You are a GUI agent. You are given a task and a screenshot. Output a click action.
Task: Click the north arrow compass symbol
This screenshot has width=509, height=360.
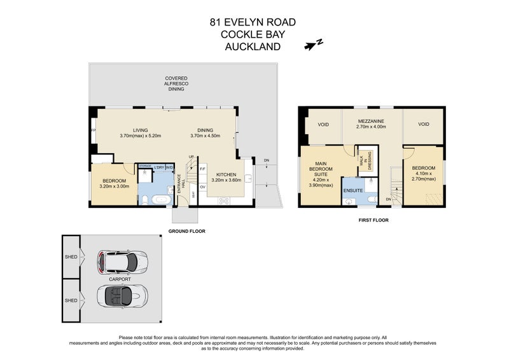(314, 44)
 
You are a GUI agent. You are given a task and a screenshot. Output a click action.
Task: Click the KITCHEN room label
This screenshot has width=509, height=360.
(227, 174)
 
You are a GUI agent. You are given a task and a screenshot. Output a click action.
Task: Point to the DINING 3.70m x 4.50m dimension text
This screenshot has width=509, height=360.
(206, 135)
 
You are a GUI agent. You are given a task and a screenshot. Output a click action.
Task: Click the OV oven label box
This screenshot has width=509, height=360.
(202, 187)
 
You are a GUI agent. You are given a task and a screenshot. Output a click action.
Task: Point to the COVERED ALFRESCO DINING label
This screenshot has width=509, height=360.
(176, 83)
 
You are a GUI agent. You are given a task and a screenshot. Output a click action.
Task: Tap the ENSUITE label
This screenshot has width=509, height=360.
(352, 190)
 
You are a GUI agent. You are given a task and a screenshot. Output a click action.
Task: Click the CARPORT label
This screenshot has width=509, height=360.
(119, 279)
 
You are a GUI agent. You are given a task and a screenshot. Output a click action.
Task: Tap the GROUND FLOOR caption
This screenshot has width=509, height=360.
(186, 230)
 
